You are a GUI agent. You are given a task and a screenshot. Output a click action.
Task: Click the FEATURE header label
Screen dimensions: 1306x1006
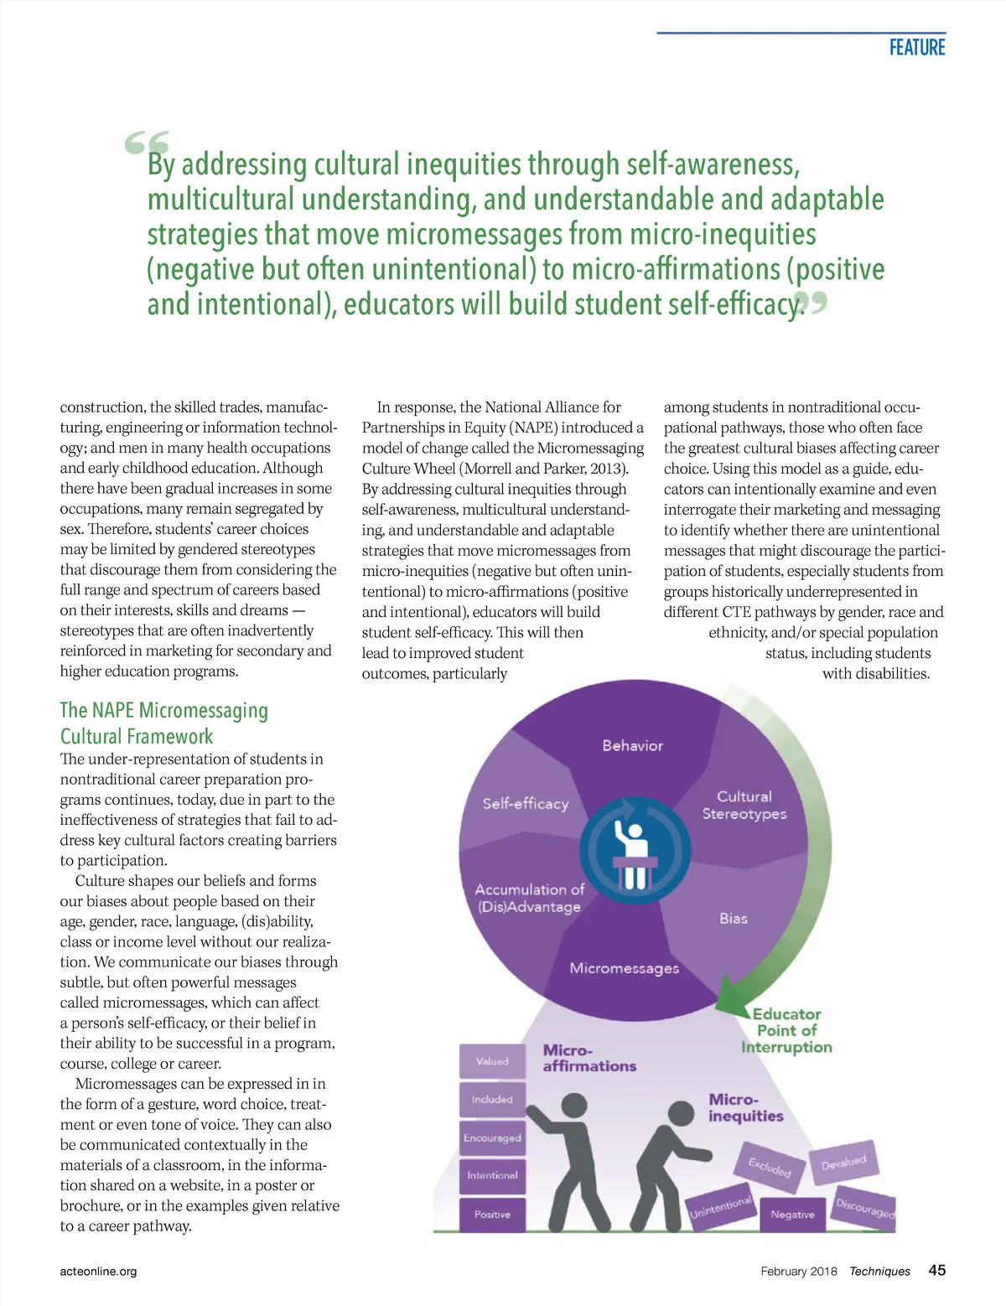click(917, 48)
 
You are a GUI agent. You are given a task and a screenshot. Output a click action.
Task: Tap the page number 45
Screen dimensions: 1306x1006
click(936, 1270)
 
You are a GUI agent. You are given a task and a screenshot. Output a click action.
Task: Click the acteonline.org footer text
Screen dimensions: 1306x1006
click(98, 1271)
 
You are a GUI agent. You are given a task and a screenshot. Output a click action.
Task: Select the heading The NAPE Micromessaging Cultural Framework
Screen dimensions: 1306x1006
click(163, 723)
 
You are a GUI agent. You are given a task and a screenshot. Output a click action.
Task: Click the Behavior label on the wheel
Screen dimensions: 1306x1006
click(632, 745)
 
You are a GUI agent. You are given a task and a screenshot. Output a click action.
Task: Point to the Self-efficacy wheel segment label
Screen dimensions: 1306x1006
click(525, 803)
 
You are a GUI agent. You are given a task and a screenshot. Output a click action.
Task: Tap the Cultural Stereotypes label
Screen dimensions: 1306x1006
click(744, 805)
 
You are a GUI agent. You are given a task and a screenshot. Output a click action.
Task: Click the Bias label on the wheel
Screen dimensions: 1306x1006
click(733, 919)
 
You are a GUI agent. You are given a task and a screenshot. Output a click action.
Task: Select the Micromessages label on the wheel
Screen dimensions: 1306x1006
click(624, 968)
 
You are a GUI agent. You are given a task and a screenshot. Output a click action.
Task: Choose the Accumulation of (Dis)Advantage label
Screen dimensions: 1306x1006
click(529, 898)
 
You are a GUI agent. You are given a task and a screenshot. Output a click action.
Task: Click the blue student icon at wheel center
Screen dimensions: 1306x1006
click(635, 850)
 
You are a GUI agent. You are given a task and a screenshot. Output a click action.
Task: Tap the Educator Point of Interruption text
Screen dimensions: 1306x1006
click(786, 1030)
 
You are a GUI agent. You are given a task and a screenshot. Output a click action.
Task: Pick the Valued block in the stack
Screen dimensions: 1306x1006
click(492, 1061)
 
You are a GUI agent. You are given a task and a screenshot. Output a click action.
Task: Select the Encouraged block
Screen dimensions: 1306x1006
click(492, 1138)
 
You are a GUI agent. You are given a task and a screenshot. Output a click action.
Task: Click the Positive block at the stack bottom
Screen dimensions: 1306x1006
click(492, 1215)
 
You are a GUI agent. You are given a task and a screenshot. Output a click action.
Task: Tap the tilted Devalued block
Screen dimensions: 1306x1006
click(843, 1163)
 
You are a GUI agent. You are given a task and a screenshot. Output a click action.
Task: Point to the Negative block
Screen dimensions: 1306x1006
click(792, 1215)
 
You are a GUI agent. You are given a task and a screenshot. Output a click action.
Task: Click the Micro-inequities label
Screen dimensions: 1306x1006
click(745, 1107)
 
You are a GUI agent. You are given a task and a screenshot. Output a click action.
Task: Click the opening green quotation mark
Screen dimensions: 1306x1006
click(148, 143)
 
